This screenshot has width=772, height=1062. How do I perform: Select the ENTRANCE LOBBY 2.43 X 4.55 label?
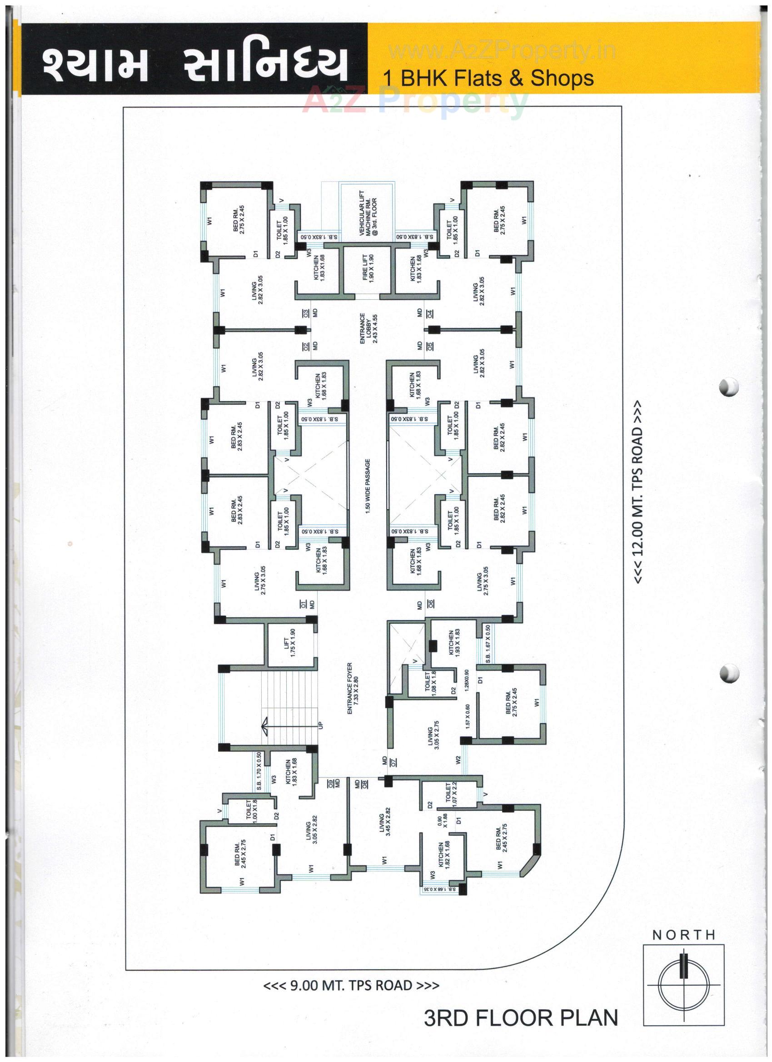[368, 329]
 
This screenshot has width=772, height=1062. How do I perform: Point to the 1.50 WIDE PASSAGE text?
[368, 486]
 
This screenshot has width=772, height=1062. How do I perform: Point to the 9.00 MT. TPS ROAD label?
[351, 986]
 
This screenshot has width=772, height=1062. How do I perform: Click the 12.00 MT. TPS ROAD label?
[638, 491]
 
